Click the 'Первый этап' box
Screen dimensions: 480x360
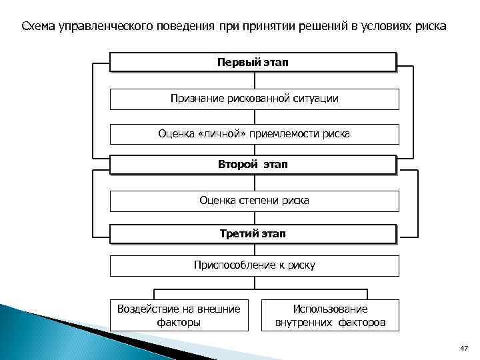(253, 62)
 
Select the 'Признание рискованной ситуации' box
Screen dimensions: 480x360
(254, 99)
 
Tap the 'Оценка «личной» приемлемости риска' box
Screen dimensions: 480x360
(254, 134)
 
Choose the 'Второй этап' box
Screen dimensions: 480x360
(253, 164)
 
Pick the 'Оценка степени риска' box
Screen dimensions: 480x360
(254, 200)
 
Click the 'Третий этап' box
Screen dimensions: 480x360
(253, 233)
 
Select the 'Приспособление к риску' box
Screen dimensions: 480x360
(254, 265)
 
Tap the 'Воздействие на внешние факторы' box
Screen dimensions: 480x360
(178, 315)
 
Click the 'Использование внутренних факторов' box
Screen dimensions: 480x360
(330, 315)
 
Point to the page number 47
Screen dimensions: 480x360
(464, 349)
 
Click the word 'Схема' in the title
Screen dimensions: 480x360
(39, 26)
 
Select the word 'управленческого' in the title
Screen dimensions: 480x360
(95, 26)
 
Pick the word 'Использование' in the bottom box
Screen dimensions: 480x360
(330, 309)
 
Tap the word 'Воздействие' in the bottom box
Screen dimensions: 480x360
(147, 309)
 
